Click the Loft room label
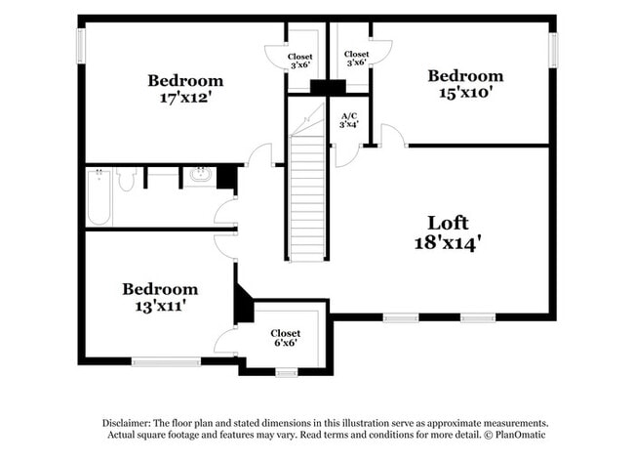(x=447, y=223)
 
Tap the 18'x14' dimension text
(x=447, y=242)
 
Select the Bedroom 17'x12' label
(x=185, y=80)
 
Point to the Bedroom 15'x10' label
(x=465, y=76)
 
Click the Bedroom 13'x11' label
(x=159, y=289)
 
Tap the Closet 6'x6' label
(x=286, y=339)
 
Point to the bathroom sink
(x=199, y=176)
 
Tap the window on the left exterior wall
(x=81, y=45)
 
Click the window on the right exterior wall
(x=553, y=50)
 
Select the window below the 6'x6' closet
(x=286, y=371)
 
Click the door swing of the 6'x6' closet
(x=226, y=341)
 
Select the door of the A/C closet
(x=346, y=155)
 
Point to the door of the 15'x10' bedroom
(x=392, y=137)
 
